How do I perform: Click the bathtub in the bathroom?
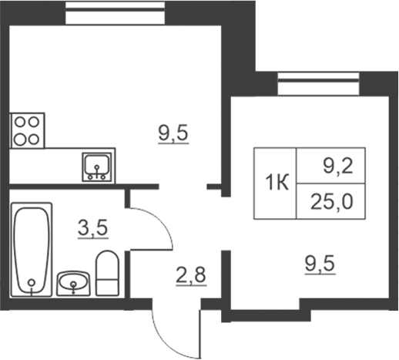click(x=32, y=249)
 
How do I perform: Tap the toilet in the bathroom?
click(x=107, y=273)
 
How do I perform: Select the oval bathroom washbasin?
click(x=73, y=284)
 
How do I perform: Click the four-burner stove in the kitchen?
click(x=27, y=130)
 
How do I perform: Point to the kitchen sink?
click(x=97, y=167)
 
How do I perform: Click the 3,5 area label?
click(x=92, y=227)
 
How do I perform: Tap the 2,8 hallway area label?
click(x=191, y=275)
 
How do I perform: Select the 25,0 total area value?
click(x=331, y=202)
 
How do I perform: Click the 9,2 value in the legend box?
click(x=338, y=167)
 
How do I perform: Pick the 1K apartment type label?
click(x=277, y=183)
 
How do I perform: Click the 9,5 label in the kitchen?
click(x=173, y=133)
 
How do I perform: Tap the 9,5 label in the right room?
click(x=320, y=264)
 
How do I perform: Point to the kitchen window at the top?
click(x=115, y=13)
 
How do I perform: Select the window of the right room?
click(x=318, y=84)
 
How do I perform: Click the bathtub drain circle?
click(x=32, y=283)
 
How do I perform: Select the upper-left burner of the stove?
click(x=20, y=122)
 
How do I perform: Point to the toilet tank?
click(x=107, y=288)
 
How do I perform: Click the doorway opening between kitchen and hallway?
click(x=183, y=187)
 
